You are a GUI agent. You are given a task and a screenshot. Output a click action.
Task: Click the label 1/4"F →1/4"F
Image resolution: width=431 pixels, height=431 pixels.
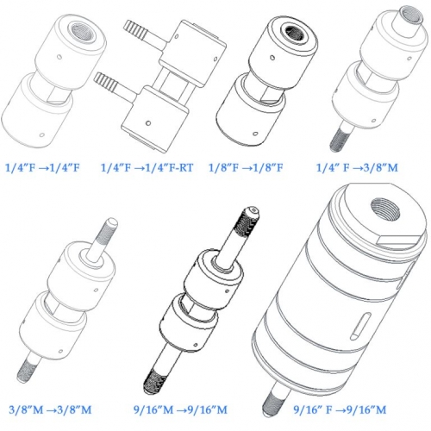pos(42,167)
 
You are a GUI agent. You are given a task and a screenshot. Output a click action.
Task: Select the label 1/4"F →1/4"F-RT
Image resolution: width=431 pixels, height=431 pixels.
pos(147,167)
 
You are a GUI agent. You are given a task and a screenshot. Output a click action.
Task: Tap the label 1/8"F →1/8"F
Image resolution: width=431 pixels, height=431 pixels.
pos(246,167)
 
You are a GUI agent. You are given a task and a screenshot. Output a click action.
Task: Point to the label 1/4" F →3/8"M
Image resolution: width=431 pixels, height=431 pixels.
pos(357,167)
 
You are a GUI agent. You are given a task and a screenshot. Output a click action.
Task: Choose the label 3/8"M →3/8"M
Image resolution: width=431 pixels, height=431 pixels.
pos(50,409)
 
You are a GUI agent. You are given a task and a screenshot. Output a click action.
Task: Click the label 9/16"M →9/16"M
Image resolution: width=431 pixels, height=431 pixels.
pos(180,409)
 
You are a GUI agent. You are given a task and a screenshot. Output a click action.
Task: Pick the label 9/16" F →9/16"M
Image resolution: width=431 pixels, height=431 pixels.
pos(340,409)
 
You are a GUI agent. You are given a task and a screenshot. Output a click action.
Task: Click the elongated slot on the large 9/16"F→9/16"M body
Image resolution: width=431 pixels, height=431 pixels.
pos(360,327)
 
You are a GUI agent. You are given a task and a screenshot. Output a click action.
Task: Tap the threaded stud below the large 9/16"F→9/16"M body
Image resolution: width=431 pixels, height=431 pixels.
pos(274,399)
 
